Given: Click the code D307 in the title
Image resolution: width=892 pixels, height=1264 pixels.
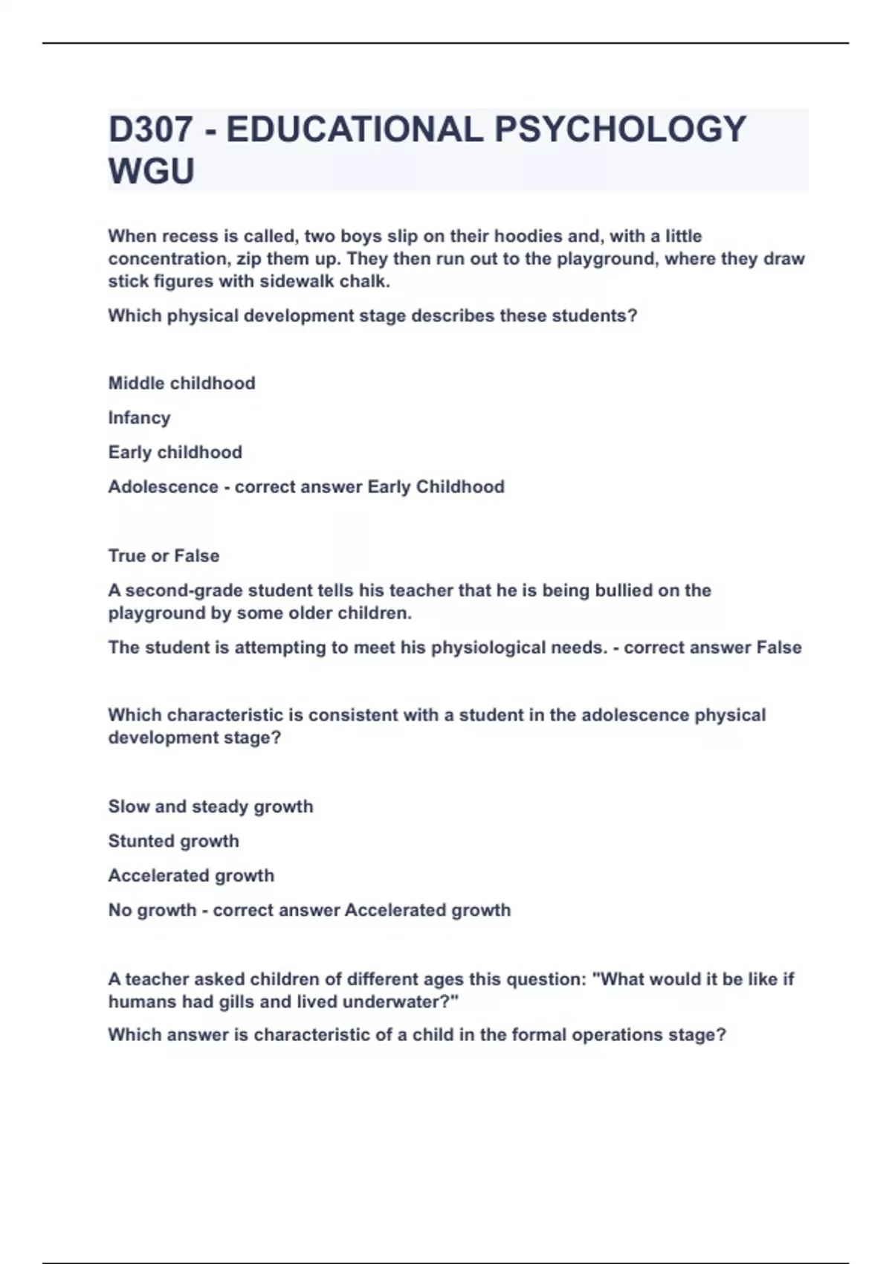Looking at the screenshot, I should click(151, 129).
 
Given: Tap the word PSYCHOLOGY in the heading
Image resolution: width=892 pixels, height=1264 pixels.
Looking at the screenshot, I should click(620, 129).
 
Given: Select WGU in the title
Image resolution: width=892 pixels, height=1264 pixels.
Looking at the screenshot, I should click(152, 171).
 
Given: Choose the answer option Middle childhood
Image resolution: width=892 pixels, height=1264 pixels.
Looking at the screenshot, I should click(181, 383).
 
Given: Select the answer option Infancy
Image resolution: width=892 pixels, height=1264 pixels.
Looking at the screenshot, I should click(139, 418).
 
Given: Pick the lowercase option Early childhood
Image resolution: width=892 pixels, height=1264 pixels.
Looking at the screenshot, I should click(175, 452).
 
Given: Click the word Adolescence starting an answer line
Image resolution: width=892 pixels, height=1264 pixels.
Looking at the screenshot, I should click(163, 487).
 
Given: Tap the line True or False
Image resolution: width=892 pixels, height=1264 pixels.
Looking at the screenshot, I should click(164, 556).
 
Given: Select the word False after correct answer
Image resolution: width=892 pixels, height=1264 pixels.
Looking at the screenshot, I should click(778, 648).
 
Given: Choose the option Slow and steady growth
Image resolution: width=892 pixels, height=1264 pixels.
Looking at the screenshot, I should click(210, 807).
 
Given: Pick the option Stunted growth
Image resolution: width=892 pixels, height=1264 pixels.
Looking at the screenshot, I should click(173, 841).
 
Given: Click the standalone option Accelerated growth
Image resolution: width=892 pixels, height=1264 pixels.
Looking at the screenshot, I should click(191, 876).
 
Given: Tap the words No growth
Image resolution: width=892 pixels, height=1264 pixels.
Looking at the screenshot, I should click(152, 910).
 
